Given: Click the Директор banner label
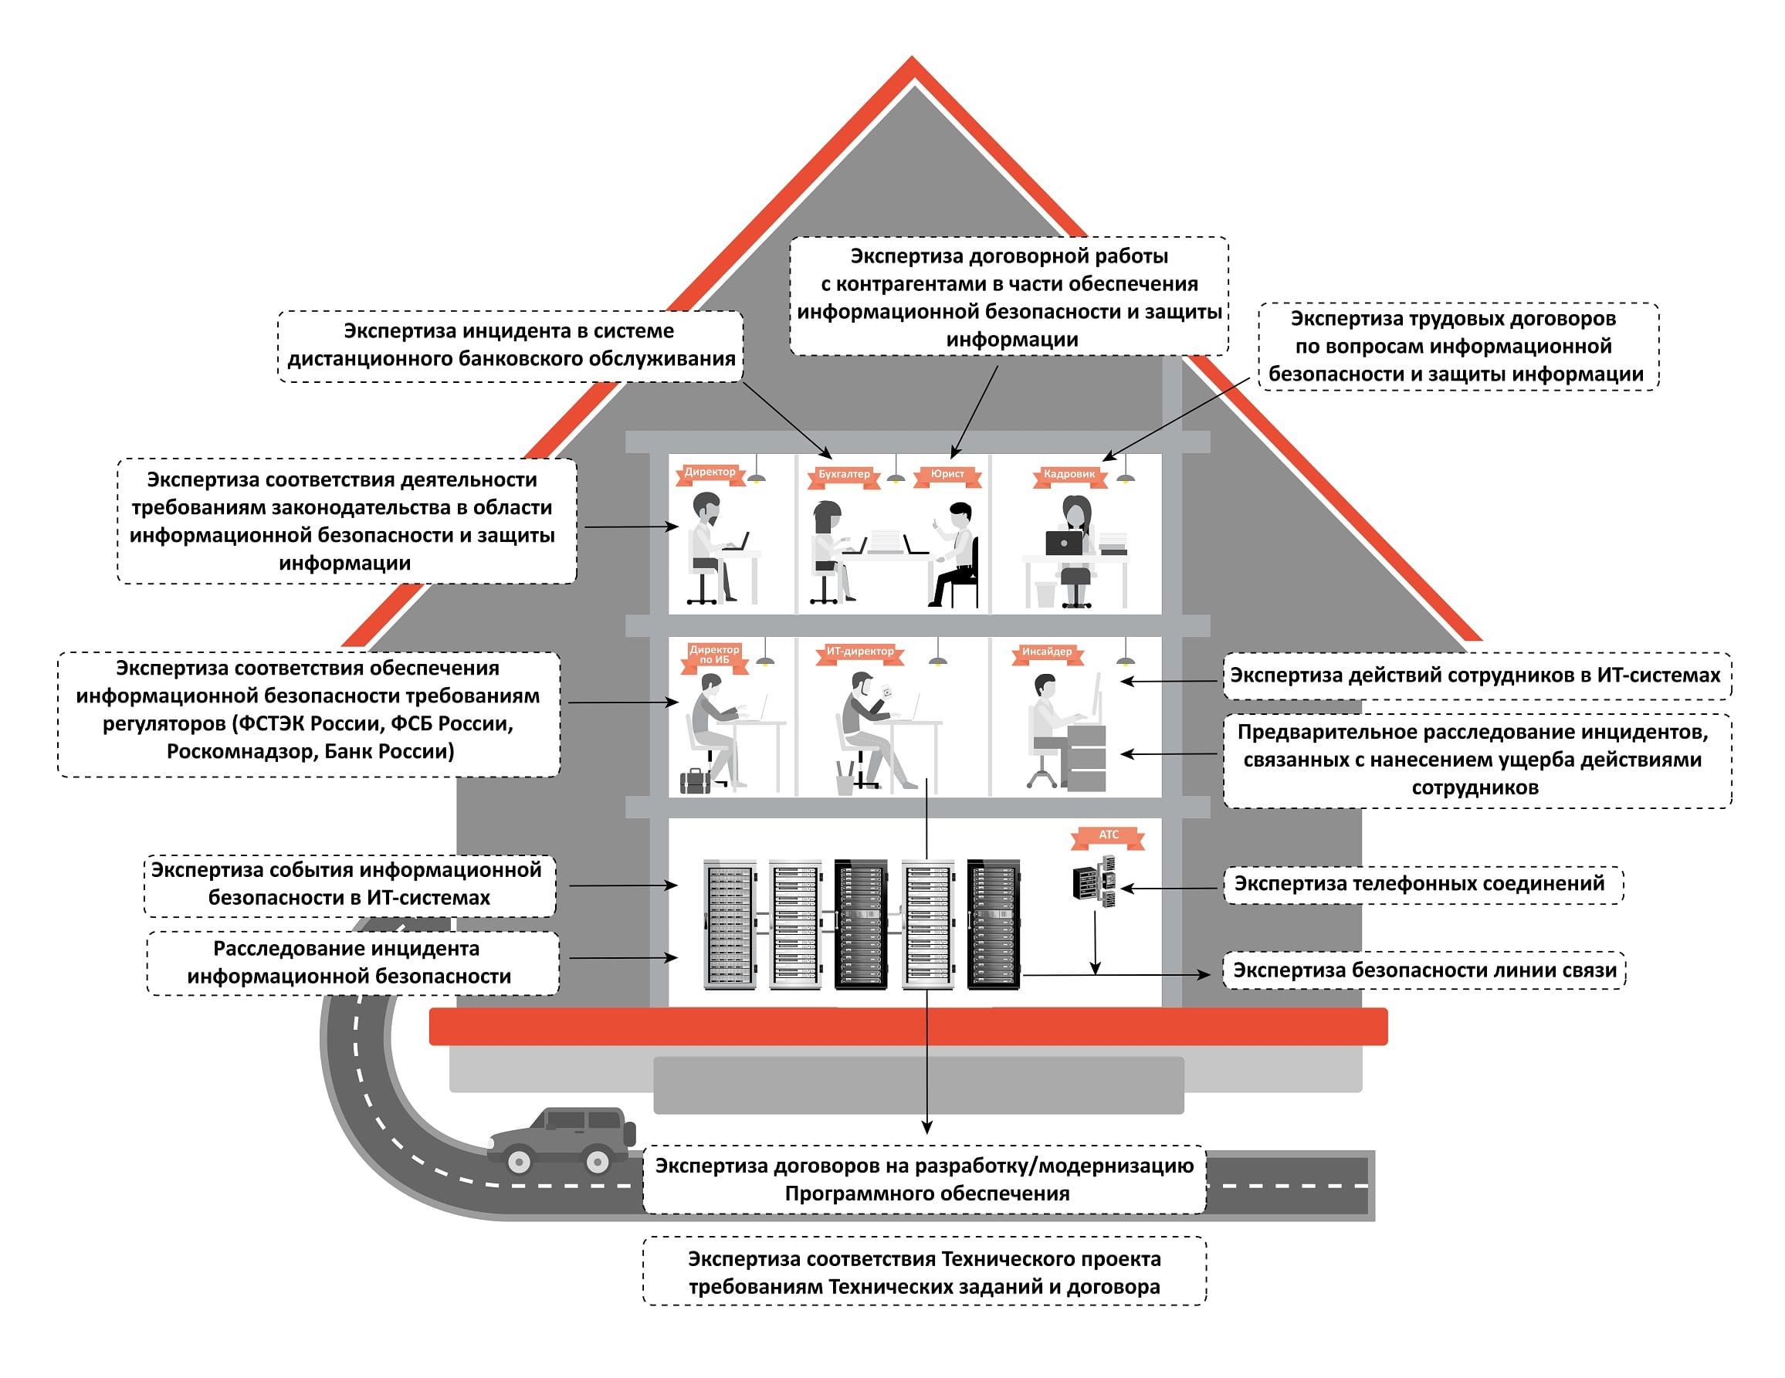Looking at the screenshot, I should click(x=710, y=472).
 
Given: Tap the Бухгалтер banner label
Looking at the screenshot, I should click(x=845, y=474).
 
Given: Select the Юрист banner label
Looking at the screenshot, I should click(x=947, y=474).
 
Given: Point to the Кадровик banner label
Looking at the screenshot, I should click(x=1069, y=474).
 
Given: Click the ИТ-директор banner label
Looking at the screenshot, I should click(x=860, y=652).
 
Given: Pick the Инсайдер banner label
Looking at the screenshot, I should click(x=1047, y=652).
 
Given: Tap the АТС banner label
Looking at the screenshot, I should click(x=1108, y=835).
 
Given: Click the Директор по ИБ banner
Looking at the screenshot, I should click(x=714, y=655).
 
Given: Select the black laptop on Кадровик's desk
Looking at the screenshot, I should click(x=1063, y=543).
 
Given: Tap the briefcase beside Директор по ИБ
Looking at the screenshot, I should click(x=696, y=781).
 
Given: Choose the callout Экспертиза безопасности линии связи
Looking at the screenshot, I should click(x=1424, y=970).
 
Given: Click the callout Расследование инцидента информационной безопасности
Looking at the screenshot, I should click(x=351, y=962).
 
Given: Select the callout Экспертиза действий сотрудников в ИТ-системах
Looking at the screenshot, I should click(x=1476, y=675).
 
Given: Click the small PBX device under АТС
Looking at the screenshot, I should click(x=1094, y=881).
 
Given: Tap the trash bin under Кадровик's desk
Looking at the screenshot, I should click(x=1045, y=594).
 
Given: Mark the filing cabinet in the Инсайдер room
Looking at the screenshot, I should click(x=1086, y=757).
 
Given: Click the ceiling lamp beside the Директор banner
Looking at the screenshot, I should click(x=757, y=476).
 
